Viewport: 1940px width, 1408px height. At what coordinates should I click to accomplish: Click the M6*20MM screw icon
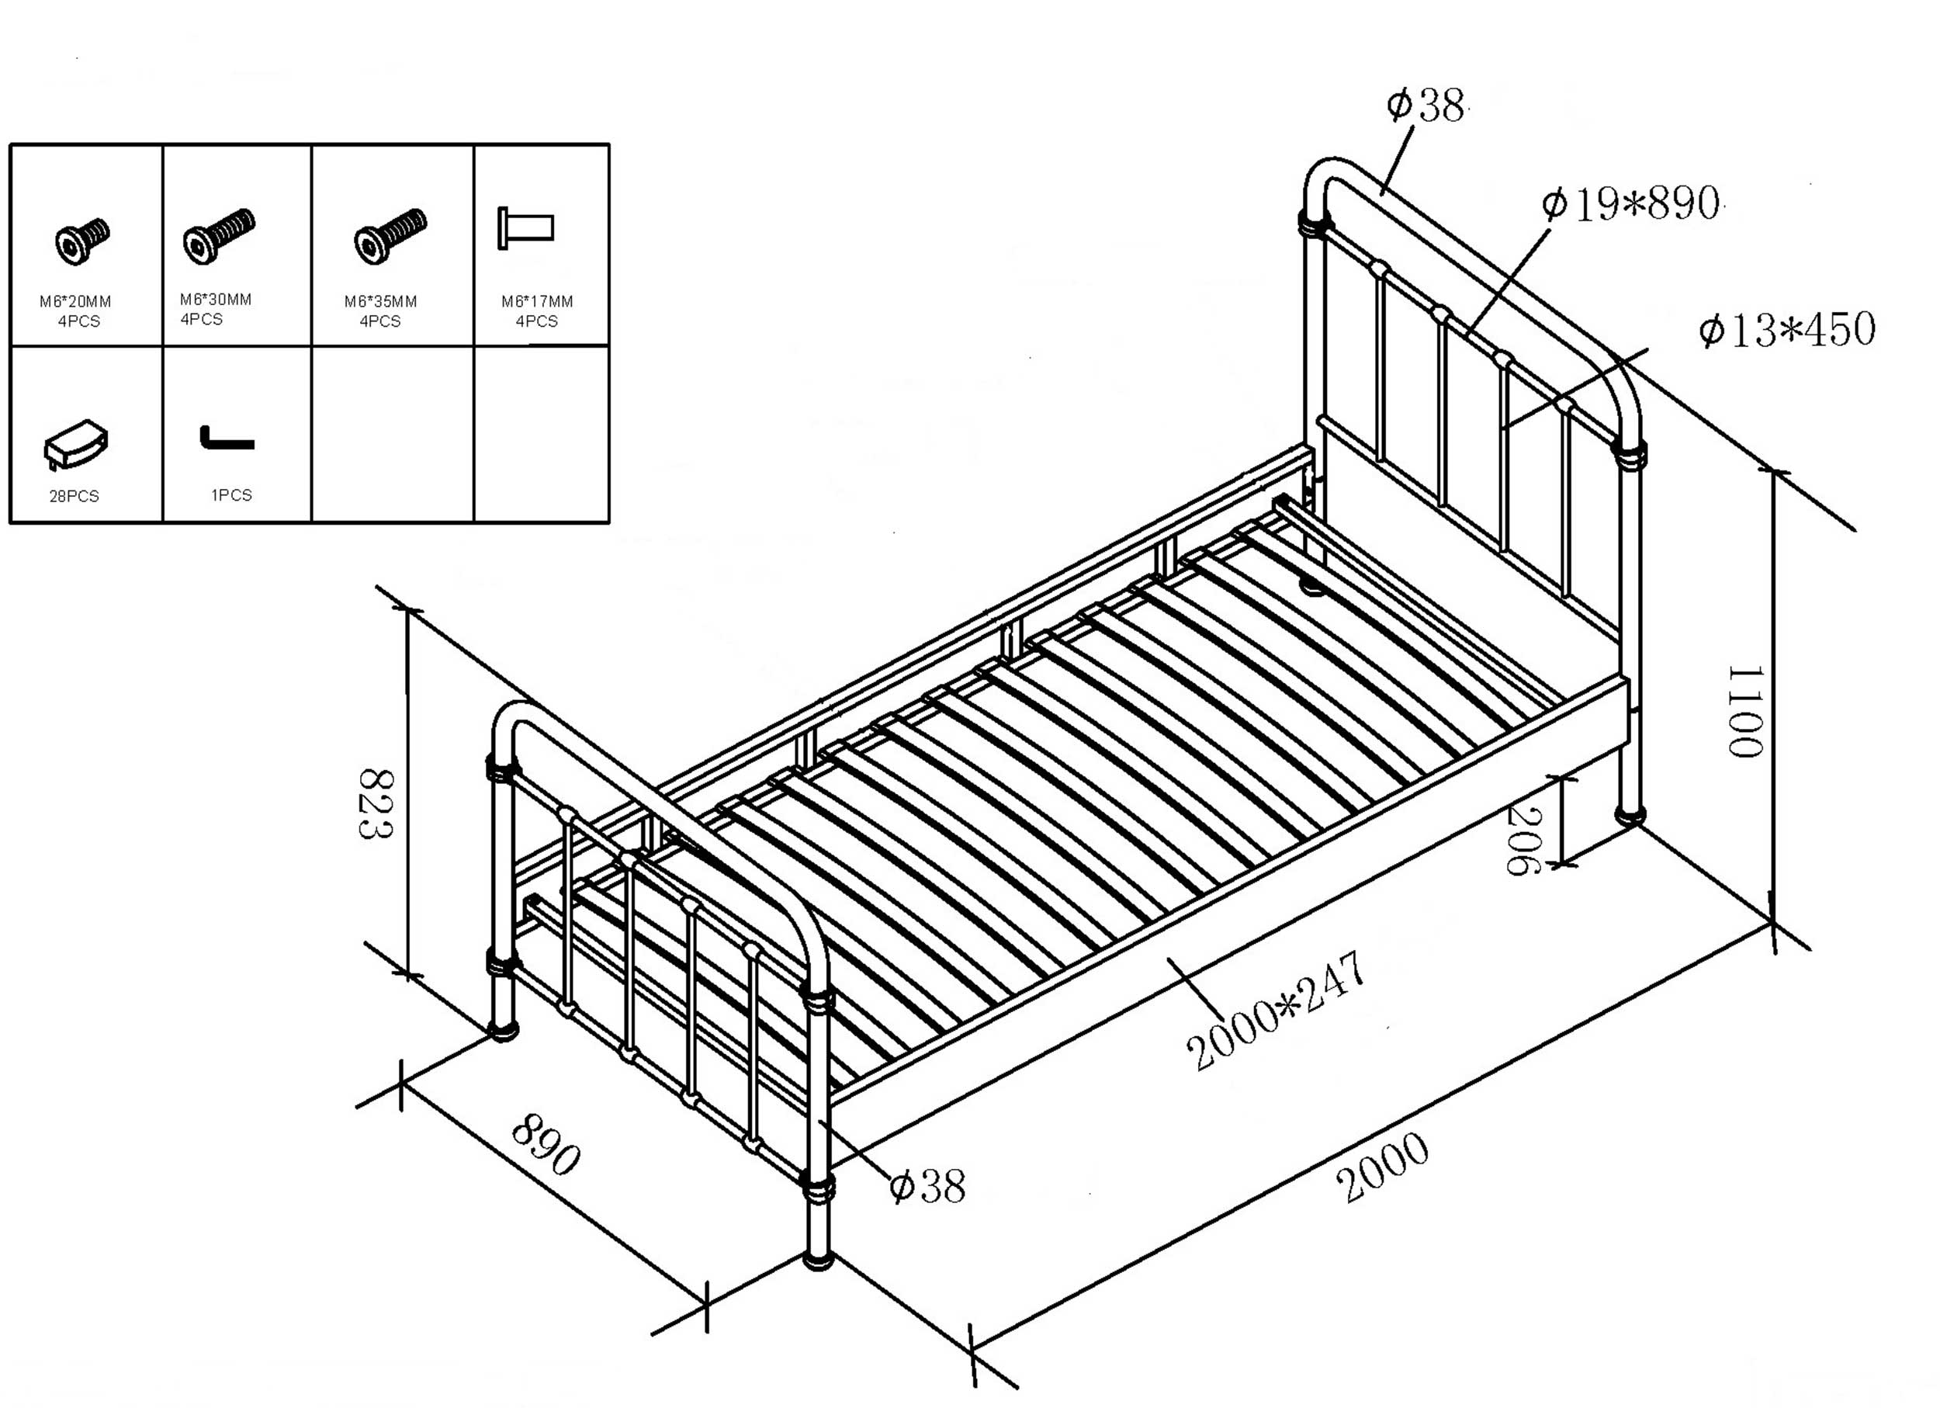tap(82, 241)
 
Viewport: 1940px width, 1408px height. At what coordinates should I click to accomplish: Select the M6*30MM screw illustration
tap(218, 235)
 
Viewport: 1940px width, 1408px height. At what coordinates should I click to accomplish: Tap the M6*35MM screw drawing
tap(390, 235)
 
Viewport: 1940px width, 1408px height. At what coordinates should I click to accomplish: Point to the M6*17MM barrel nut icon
tap(526, 228)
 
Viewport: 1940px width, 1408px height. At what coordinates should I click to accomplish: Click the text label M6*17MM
tap(537, 301)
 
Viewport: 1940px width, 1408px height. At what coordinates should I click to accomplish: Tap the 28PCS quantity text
tap(74, 496)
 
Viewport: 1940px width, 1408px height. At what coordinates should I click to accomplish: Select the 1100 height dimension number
tap(1745, 712)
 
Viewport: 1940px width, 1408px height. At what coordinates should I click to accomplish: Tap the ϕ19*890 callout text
tap(1630, 203)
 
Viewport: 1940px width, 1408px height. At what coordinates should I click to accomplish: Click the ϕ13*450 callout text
tap(1786, 330)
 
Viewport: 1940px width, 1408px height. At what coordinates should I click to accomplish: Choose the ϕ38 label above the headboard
tap(1425, 106)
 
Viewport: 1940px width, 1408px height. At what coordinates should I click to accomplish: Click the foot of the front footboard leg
tap(818, 1260)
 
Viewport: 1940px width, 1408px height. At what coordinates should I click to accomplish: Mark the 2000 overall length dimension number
tap(1381, 1167)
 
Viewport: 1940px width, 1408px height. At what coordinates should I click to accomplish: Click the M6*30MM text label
tap(216, 300)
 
